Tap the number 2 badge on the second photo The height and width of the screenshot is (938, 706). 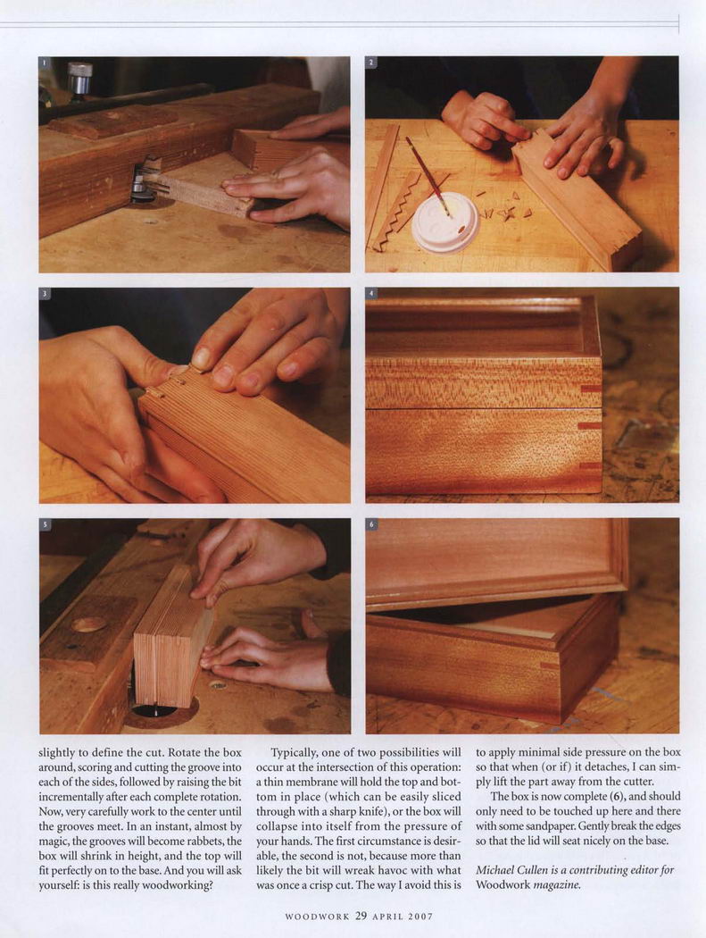click(x=371, y=63)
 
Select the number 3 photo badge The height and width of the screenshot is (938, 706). click(x=44, y=293)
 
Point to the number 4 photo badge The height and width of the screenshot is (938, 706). click(x=371, y=293)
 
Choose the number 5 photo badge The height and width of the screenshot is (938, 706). click(x=44, y=524)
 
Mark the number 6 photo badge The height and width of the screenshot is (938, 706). click(x=371, y=524)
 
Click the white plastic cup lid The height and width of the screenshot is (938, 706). click(x=446, y=222)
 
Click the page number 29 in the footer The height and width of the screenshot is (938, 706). click(x=361, y=916)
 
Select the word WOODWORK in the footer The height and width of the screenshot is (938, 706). click(x=317, y=917)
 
